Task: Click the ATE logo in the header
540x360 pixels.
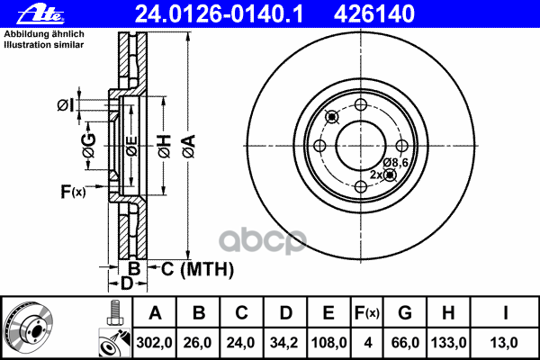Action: [40, 14]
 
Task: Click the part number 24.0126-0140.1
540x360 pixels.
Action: [219, 13]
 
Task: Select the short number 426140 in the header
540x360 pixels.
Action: [374, 13]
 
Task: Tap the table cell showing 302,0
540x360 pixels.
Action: [154, 342]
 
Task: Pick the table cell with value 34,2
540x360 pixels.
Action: [284, 342]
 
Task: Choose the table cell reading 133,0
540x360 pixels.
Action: [448, 342]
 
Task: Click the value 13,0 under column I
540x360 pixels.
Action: [504, 342]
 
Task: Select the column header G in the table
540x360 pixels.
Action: [405, 313]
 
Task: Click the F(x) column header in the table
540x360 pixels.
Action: [367, 313]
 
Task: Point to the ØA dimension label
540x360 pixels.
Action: [189, 146]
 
